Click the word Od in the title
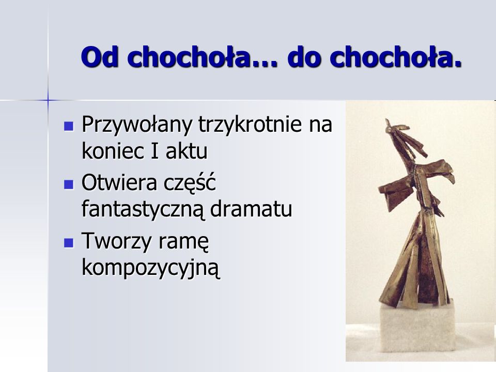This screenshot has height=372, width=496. tap(100, 57)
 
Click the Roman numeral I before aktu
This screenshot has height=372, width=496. tap(154, 151)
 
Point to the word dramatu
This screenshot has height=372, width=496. tap(251, 209)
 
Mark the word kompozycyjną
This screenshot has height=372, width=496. tap(150, 268)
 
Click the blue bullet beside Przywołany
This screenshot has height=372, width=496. tap(69, 126)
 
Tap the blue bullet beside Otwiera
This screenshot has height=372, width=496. tap(69, 184)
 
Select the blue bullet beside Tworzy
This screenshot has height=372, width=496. tap(69, 243)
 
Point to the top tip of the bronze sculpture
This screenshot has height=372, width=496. tap(386, 119)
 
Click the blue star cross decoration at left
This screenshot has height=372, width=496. tap(48, 100)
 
